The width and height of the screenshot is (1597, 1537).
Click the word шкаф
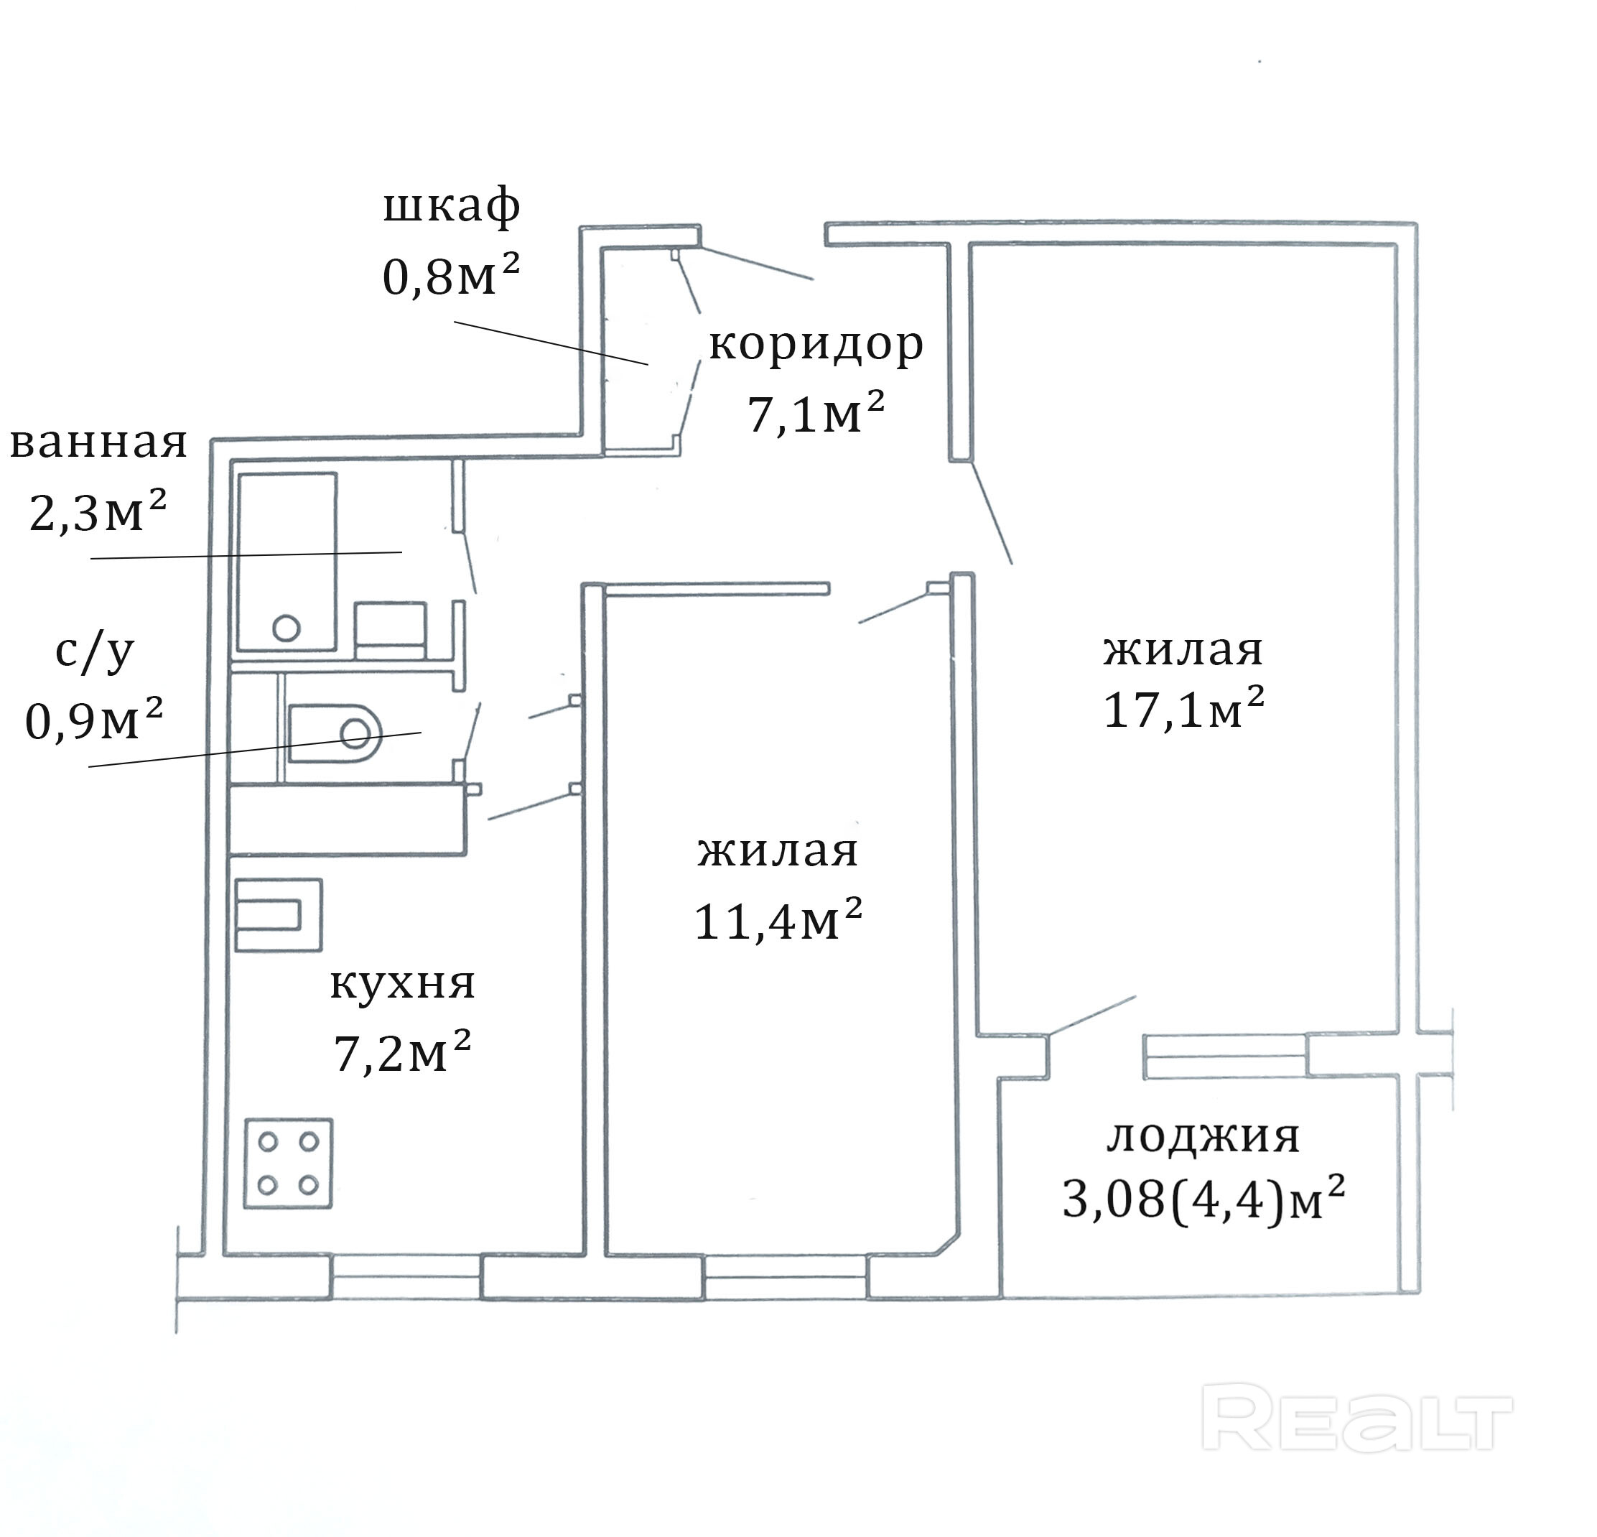point(452,206)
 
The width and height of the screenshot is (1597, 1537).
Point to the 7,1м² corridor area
point(816,412)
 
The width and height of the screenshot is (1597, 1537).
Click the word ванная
point(98,444)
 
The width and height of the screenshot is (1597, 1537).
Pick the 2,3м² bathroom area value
point(98,511)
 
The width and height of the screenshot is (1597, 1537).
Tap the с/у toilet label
point(95,652)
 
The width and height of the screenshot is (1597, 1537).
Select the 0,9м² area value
point(95,719)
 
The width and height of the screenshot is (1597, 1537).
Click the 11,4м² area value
point(778,920)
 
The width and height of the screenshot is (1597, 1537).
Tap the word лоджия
point(1203,1138)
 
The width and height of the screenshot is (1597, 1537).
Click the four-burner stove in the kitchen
point(289,1163)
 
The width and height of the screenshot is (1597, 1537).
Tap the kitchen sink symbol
point(279,914)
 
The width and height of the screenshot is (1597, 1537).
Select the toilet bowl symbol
point(335,732)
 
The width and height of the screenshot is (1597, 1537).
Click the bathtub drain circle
point(287,628)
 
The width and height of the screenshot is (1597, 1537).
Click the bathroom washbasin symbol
point(391,629)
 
